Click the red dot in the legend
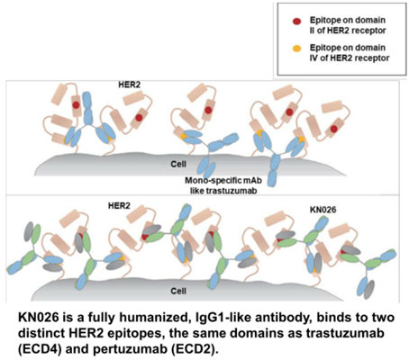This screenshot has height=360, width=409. point(296,22)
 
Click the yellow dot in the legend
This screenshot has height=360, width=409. point(296,49)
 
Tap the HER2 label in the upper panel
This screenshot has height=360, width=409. point(129,85)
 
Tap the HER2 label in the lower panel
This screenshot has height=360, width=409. point(119,206)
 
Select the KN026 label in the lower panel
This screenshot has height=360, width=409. point(323,210)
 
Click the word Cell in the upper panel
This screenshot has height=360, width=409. point(178,164)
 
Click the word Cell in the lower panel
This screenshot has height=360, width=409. point(178,291)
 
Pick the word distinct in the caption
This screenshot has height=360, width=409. point(41,333)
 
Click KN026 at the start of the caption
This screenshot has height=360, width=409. point(39,318)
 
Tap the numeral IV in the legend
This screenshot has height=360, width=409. point(314,58)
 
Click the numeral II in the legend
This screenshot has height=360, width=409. point(313,31)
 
